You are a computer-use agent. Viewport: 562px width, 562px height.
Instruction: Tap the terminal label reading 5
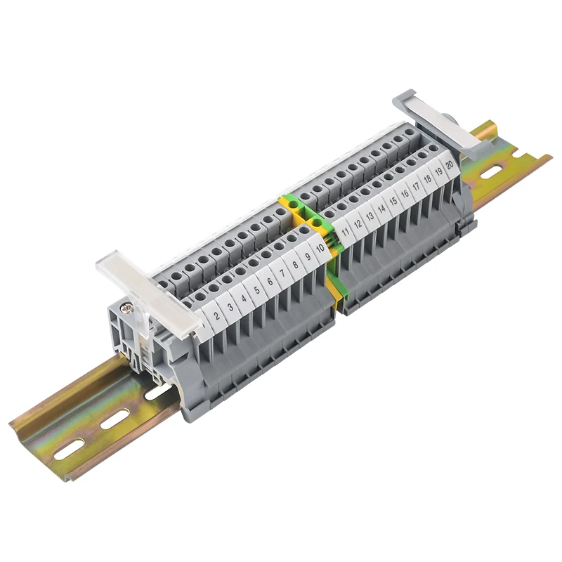(256, 289)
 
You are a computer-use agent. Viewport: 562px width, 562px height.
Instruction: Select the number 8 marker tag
(295, 264)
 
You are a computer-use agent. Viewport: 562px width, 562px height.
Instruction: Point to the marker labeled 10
(320, 247)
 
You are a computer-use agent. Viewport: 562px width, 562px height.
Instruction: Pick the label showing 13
(370, 215)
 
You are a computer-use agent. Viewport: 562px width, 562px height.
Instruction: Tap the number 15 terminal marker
(393, 200)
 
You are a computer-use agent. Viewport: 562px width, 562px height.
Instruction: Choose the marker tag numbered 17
(416, 185)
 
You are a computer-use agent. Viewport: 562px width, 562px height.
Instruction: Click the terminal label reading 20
(449, 164)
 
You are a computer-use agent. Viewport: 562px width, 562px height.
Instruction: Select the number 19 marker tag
(438, 171)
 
